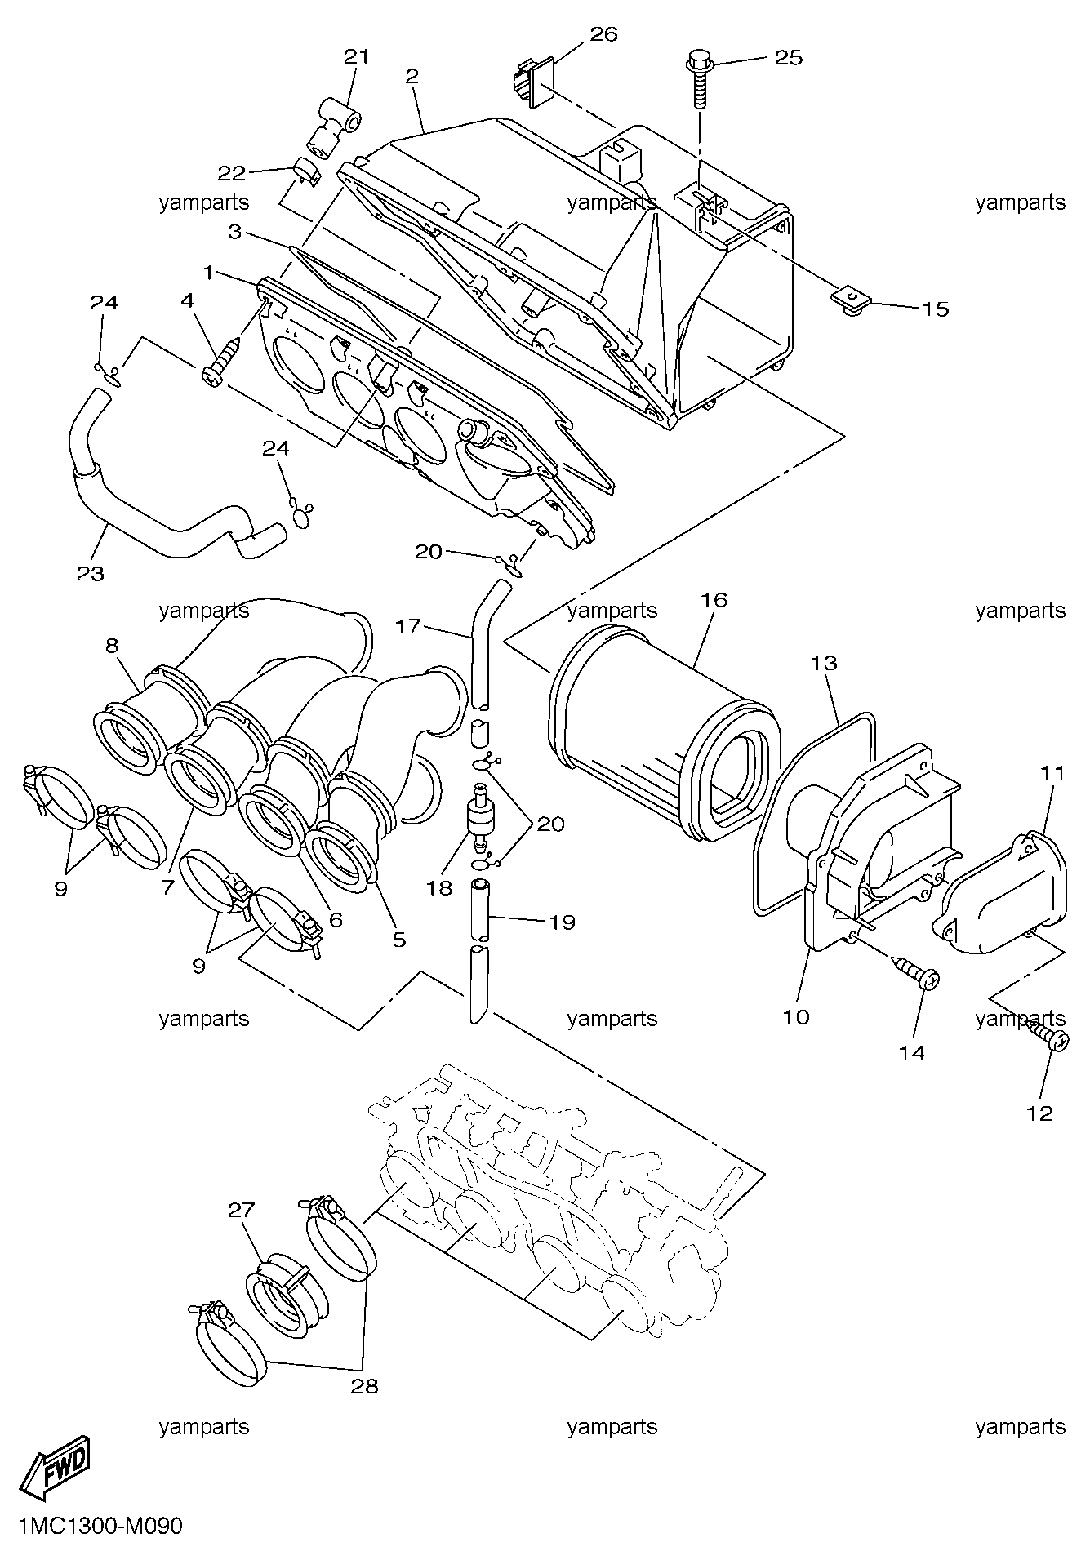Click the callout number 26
coord(603,34)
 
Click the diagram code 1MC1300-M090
coord(99,1526)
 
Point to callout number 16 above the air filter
coord(713,600)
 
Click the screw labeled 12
coord(1048,1036)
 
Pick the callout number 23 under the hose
coord(91,573)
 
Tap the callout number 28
coord(364,1386)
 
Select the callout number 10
coord(796,1017)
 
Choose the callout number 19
coord(562,922)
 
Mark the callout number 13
coord(824,663)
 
